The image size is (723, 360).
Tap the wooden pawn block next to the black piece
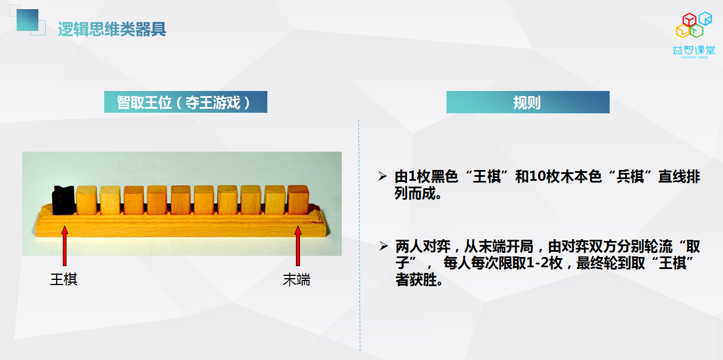pyautogui.click(x=86, y=200)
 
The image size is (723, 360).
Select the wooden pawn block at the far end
pyautogui.click(x=298, y=199)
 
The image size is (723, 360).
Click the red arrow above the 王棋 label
pyautogui.click(x=65, y=246)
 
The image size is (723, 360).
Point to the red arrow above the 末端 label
pyautogui.click(x=298, y=246)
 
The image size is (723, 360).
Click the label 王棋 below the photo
pyautogui.click(x=64, y=279)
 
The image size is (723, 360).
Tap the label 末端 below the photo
pyautogui.click(x=297, y=279)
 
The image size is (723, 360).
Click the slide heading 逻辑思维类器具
pyautogui.click(x=112, y=29)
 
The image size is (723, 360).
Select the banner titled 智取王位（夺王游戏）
pyautogui.click(x=185, y=102)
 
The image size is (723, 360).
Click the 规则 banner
pyautogui.click(x=528, y=102)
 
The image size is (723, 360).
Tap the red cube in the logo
pyautogui.click(x=689, y=20)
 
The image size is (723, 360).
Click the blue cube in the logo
pyautogui.click(x=705, y=18)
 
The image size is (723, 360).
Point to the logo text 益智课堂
pyautogui.click(x=694, y=50)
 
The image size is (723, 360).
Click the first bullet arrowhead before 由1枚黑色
pyautogui.click(x=382, y=176)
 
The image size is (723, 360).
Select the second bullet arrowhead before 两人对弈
pyautogui.click(x=384, y=246)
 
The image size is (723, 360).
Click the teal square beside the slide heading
pyautogui.click(x=27, y=20)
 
